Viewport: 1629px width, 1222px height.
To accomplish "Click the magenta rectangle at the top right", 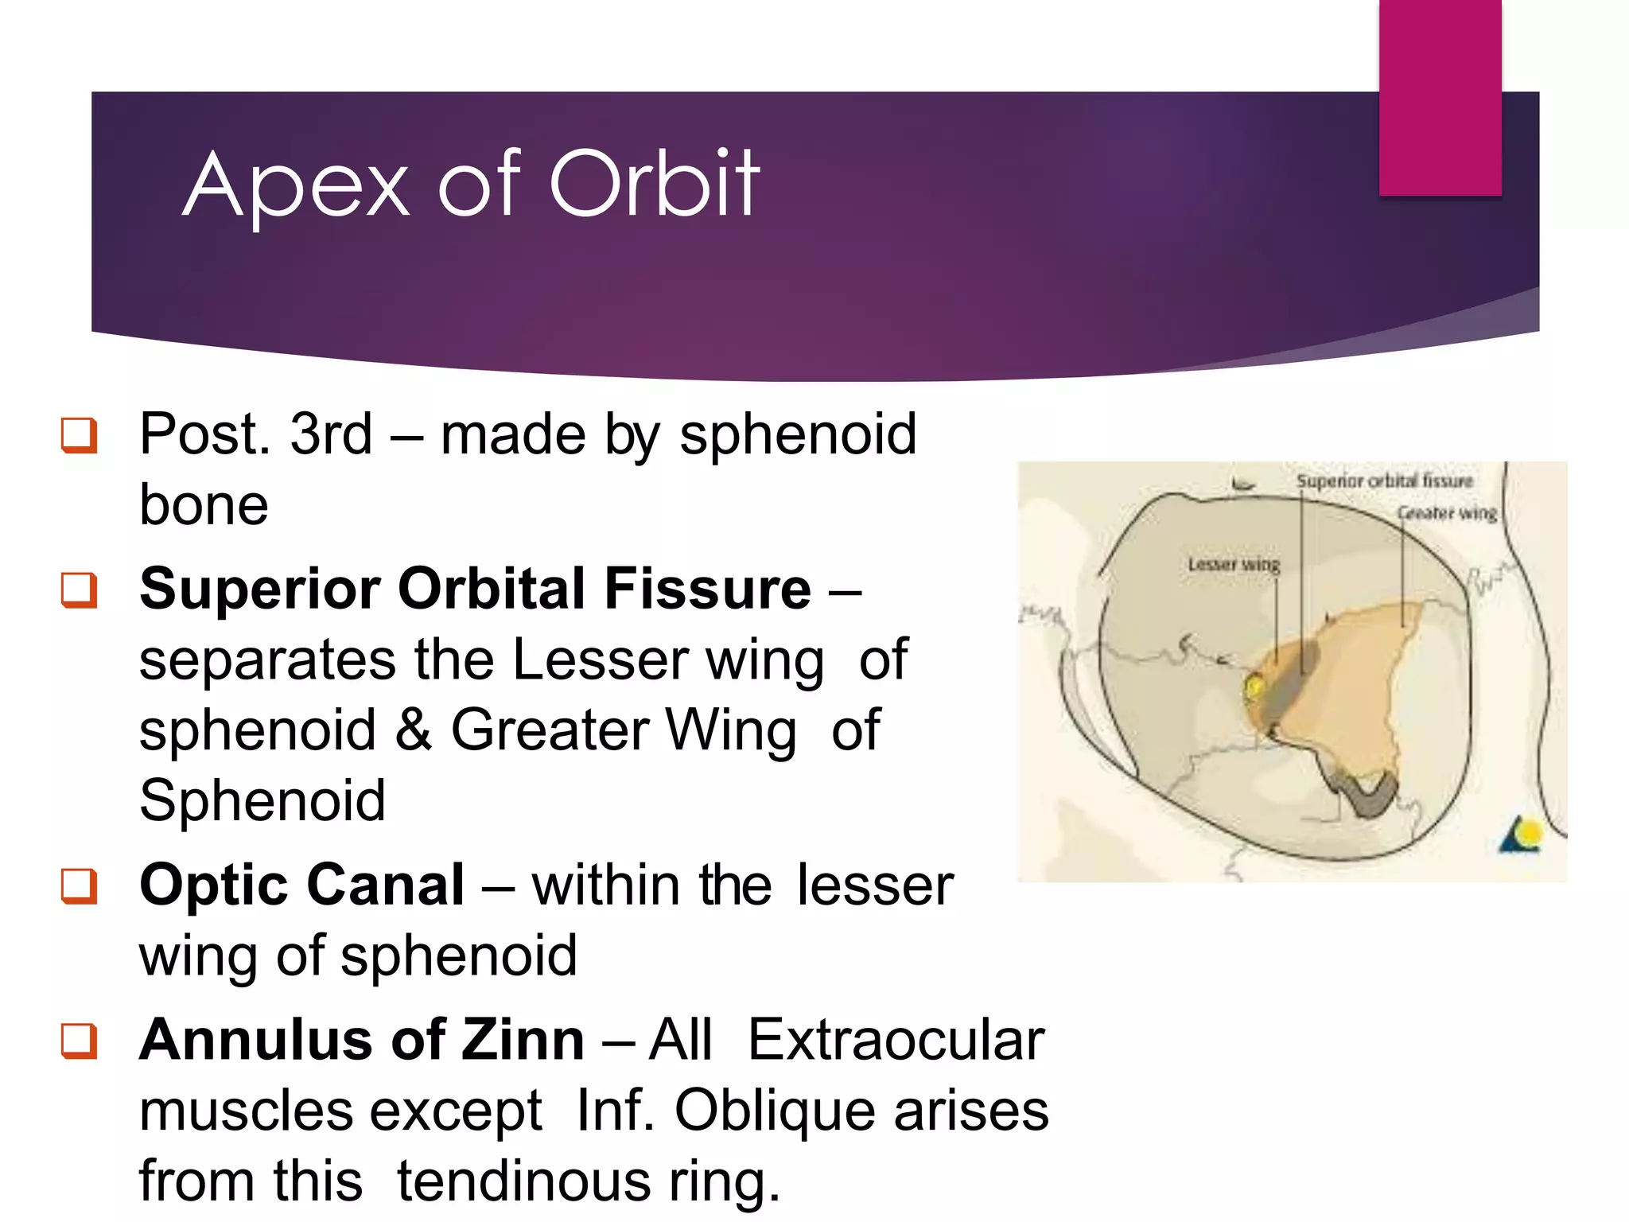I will [x=1440, y=97].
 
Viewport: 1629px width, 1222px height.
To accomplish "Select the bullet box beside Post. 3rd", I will [x=80, y=435].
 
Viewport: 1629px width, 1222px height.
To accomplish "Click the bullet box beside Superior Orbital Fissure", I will [x=80, y=590].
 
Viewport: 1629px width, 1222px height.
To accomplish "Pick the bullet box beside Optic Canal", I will [x=80, y=886].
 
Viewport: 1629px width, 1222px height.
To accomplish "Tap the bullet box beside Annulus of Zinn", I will [x=80, y=1041].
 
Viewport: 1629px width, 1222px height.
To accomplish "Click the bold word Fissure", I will [x=708, y=589].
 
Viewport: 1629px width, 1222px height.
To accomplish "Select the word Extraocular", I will [x=896, y=1040].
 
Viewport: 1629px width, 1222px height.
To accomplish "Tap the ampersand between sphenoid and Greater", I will [x=413, y=730].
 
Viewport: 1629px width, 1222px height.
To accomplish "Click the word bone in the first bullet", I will [x=204, y=505].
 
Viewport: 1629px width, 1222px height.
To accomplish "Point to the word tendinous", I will [x=523, y=1181].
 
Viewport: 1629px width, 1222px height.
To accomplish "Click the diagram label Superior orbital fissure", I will [x=1384, y=481].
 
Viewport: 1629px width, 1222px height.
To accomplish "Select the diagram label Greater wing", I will [x=1447, y=513].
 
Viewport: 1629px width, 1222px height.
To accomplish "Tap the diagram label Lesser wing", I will [x=1234, y=564].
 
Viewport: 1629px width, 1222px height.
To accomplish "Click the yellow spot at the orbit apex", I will [x=1255, y=687].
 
